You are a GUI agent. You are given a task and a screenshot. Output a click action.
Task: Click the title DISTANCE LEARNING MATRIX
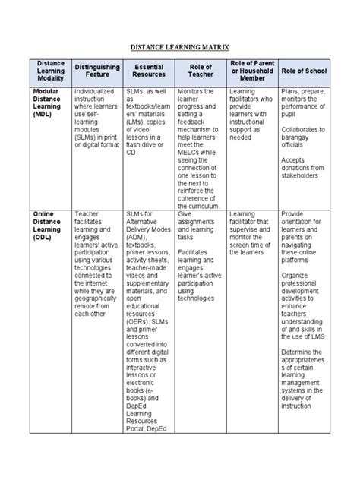click(x=180, y=46)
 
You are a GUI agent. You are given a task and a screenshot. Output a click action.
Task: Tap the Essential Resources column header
click(x=148, y=71)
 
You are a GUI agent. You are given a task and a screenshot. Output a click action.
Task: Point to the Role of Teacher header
click(x=201, y=71)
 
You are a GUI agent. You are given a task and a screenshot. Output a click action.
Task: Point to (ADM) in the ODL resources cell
click(x=135, y=240)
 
